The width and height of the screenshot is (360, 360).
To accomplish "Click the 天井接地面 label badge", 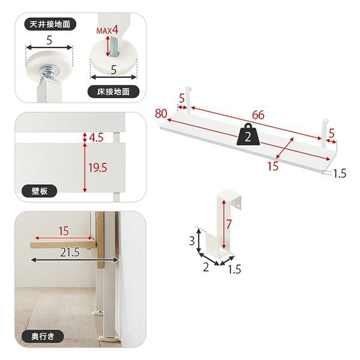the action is [50, 24].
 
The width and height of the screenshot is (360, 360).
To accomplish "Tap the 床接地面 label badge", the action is [113, 92].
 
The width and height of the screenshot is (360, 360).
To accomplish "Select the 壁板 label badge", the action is [39, 191].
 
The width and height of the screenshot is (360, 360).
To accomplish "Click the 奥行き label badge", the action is [43, 337].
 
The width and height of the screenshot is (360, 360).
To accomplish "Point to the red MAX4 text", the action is [107, 31].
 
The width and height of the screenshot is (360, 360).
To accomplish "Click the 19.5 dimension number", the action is [98, 167].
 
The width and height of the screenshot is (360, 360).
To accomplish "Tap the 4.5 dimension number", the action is [96, 137].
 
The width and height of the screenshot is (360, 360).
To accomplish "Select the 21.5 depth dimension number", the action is [70, 252].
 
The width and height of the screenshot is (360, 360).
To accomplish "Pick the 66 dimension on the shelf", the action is [258, 115].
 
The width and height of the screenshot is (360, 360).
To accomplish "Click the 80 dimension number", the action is [161, 113].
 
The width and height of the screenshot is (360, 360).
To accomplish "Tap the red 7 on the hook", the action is [228, 224].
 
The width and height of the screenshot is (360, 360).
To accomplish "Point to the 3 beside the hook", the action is [192, 241].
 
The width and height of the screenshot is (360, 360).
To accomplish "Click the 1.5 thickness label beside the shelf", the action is [340, 173].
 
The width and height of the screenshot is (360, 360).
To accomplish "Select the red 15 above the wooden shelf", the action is [64, 231].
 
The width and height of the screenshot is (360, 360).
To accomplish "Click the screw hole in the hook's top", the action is [239, 206].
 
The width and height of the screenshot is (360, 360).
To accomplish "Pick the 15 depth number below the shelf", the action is [273, 166].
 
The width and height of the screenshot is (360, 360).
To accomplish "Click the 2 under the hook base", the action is [206, 268].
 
